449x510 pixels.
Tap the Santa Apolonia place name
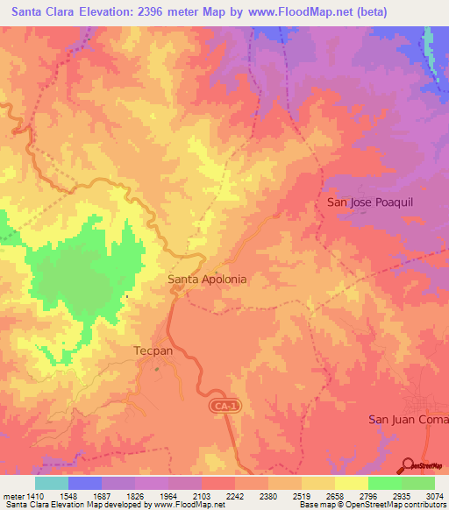(207, 280)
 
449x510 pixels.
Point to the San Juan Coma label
(408, 419)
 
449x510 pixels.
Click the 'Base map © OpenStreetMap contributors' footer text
(370, 505)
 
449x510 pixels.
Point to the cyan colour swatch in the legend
(52, 483)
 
